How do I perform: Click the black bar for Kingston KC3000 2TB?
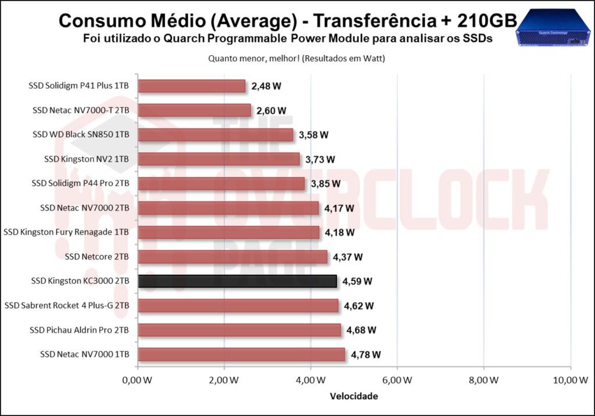[237, 281]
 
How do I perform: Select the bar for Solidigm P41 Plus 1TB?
[192, 86]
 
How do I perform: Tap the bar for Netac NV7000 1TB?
[241, 354]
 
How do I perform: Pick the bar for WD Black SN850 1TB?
[216, 135]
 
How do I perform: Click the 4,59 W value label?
[357, 281]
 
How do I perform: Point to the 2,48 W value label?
[267, 86]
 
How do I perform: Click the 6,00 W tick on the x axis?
[397, 381]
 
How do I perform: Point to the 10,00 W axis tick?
[569, 381]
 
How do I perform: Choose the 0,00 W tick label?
[138, 381]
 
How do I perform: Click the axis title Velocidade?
[354, 396]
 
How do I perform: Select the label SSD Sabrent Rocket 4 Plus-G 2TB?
[67, 306]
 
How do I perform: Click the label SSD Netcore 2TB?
[97, 257]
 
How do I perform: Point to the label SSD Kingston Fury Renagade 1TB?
[66, 232]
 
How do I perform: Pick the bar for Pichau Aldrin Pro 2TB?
[239, 330]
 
